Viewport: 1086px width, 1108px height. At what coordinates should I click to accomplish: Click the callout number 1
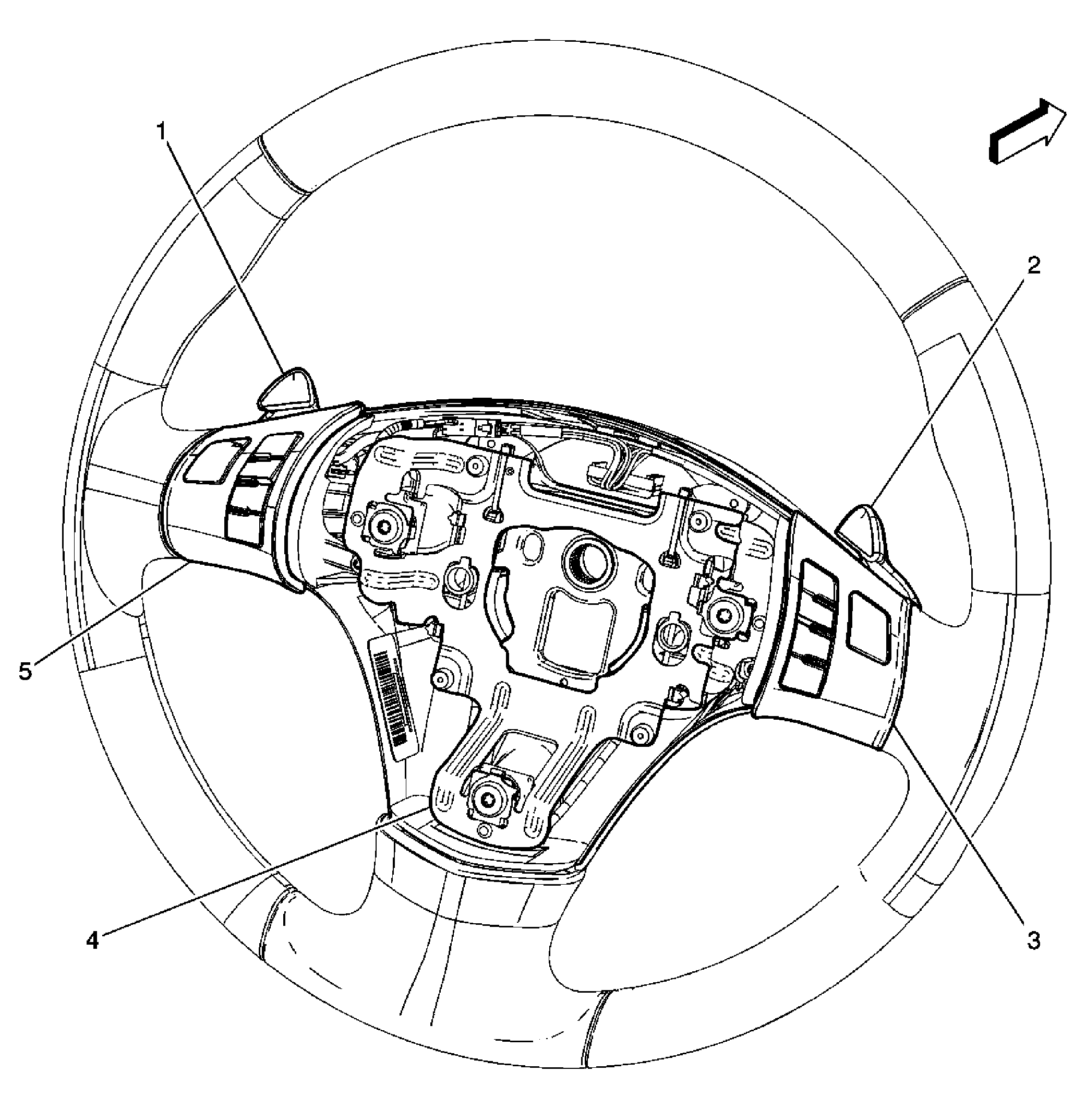(x=163, y=132)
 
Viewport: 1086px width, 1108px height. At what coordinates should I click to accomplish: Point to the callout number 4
(x=92, y=940)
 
